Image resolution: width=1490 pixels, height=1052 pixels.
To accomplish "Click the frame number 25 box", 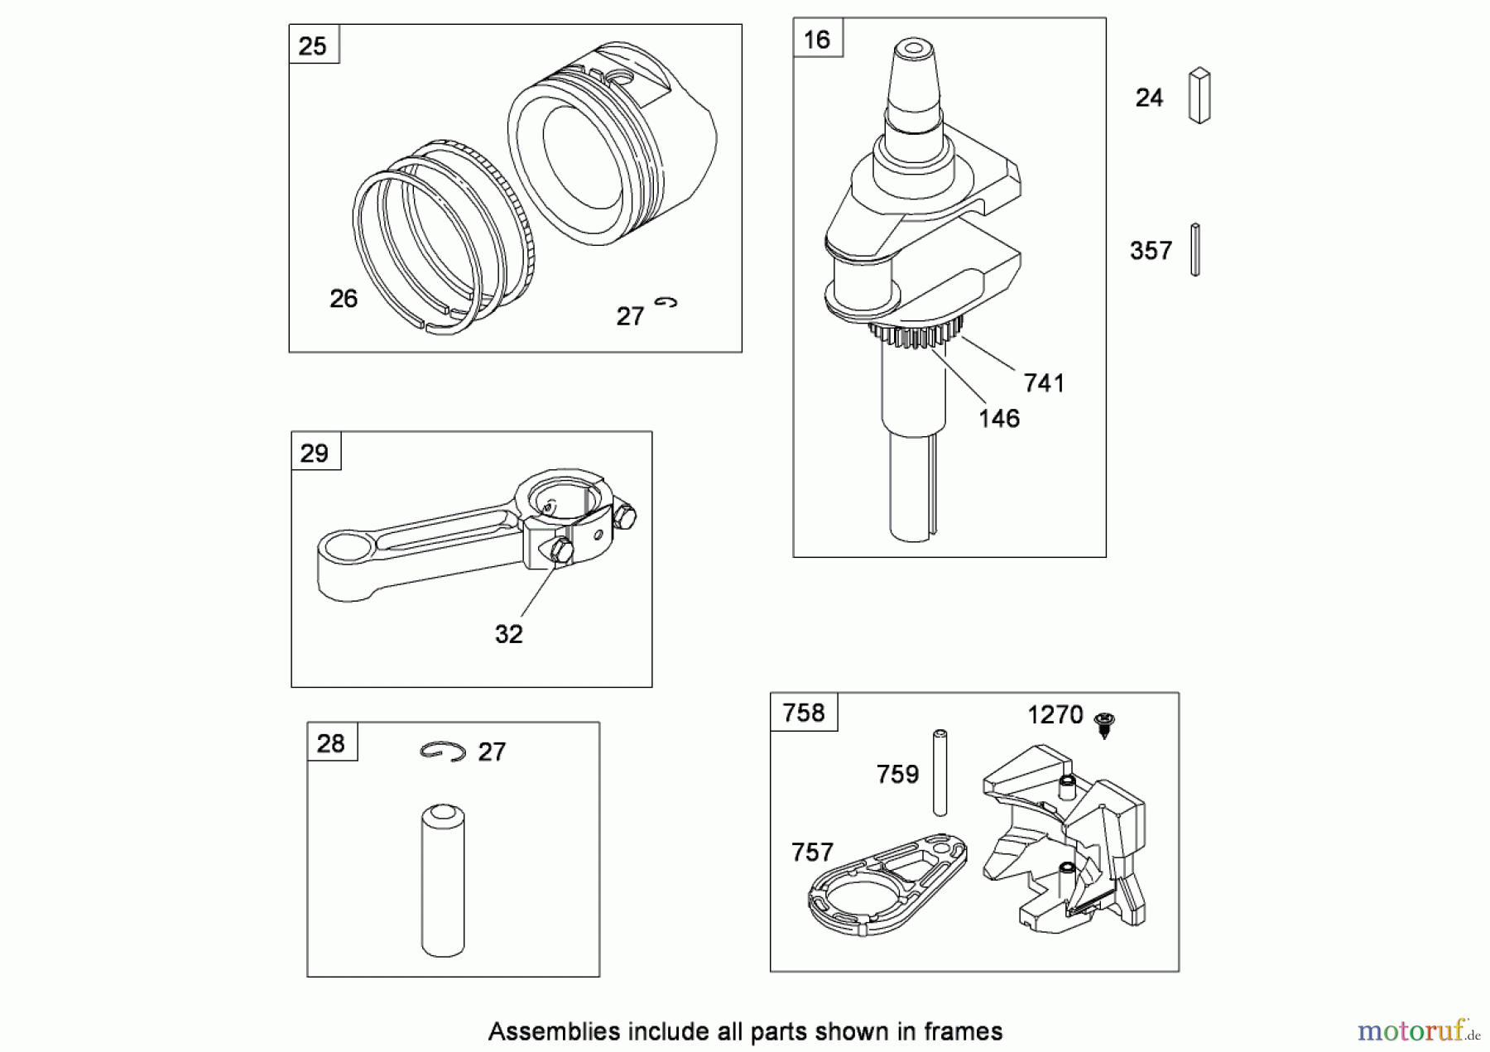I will click(313, 46).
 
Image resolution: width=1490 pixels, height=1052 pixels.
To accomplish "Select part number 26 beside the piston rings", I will click(344, 299).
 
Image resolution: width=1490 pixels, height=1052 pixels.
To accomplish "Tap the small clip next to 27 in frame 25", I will click(666, 303).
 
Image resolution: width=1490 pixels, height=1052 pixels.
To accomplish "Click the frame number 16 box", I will click(817, 40).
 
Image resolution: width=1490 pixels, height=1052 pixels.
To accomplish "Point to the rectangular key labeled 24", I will click(1199, 96).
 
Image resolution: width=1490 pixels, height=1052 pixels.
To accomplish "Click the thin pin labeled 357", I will click(1194, 249).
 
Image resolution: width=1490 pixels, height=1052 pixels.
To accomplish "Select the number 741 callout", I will click(1043, 383).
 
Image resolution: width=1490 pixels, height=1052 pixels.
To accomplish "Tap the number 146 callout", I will click(998, 419).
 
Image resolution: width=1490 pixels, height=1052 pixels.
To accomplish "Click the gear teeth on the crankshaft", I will click(916, 334).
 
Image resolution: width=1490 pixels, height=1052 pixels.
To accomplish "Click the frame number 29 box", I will click(315, 453).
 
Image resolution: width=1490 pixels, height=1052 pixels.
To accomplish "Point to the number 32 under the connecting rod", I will click(508, 635).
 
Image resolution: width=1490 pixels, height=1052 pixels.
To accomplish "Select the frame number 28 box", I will click(331, 743).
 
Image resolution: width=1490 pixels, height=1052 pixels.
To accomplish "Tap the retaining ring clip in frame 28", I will click(442, 751).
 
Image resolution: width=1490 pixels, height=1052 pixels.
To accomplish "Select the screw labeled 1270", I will click(1103, 723).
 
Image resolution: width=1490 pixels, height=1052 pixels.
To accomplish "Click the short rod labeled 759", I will click(940, 772).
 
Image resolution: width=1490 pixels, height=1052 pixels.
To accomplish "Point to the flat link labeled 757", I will click(886, 884).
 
